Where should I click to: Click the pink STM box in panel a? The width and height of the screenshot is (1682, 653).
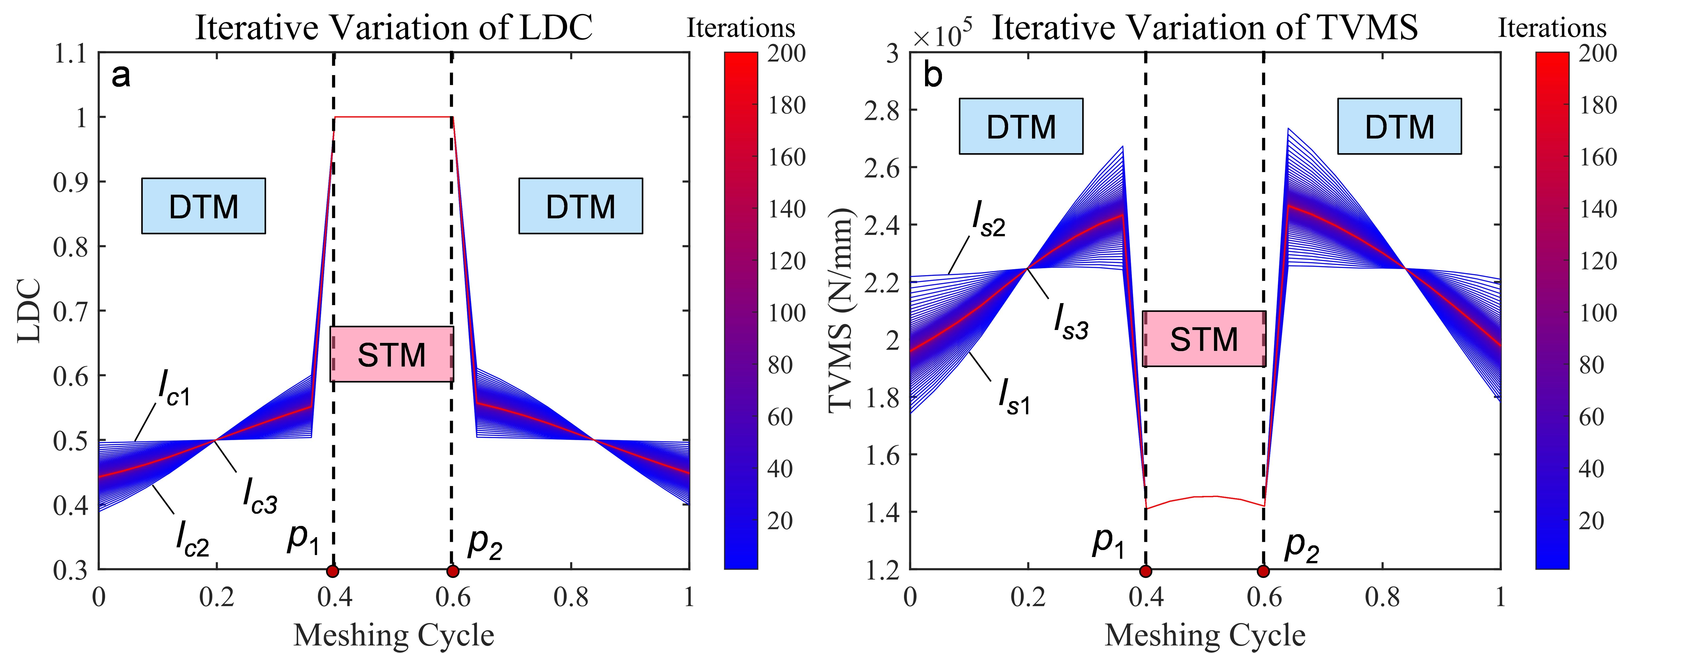pos(392,354)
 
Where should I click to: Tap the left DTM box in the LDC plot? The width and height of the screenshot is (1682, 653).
pos(204,206)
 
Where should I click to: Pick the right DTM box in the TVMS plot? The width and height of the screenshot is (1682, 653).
pos(1399,126)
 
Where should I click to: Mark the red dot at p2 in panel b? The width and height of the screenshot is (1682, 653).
pos(1263,571)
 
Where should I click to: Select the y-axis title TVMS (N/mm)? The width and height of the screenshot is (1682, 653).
pos(841,310)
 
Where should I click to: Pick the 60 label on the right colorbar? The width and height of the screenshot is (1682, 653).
pos(1591,417)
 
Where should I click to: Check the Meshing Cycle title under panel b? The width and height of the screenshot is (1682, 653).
pos(1205,635)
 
